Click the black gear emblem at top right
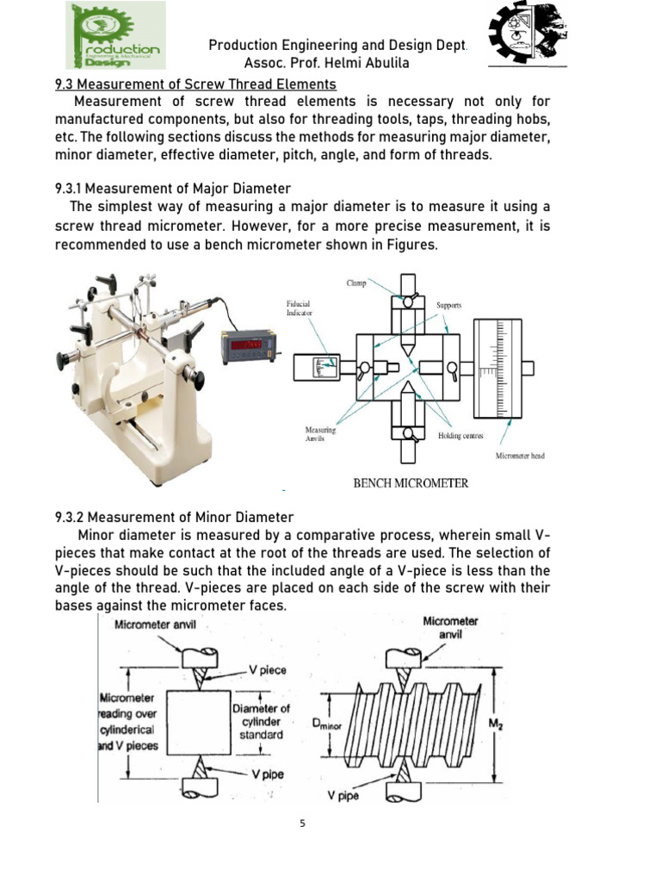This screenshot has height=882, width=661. coord(527,34)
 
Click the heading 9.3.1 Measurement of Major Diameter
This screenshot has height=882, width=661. coord(173,188)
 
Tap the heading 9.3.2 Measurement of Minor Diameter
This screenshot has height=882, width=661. coord(174,517)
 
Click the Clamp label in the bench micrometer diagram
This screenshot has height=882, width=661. coord(356,282)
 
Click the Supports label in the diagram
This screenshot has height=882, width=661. coord(449,305)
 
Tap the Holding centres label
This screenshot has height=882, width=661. coord(460,436)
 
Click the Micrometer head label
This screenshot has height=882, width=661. coord(520,456)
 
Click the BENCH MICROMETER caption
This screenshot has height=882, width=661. coord(411,483)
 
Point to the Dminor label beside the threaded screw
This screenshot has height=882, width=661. coord(327,725)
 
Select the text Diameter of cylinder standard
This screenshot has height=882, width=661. coord(261,721)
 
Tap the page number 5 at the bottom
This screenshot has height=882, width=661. coord(302,823)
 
